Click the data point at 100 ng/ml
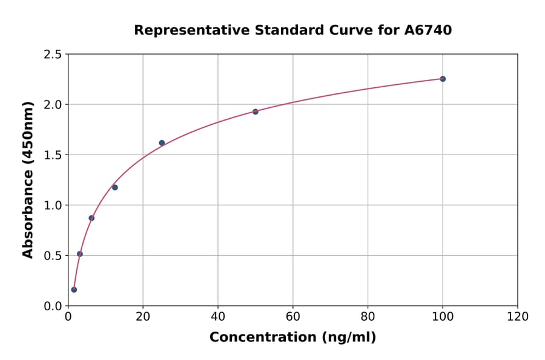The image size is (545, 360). [x=443, y=79]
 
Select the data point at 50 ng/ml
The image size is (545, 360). [x=256, y=112]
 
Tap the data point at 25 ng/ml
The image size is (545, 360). [x=162, y=143]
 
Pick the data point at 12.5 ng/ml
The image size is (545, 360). [x=115, y=187]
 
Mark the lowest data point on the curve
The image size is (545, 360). [x=74, y=290]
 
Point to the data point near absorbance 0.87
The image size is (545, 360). [x=91, y=218]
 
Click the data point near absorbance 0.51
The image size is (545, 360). [x=80, y=254]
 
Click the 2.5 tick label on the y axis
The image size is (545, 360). [x=52, y=55]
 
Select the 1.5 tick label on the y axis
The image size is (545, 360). [x=52, y=155]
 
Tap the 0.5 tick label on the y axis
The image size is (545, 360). [x=52, y=256]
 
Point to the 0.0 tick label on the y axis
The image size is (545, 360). [x=52, y=306]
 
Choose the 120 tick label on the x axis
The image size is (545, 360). [x=518, y=316]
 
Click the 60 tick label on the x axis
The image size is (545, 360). [x=293, y=316]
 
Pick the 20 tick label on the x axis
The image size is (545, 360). [x=143, y=316]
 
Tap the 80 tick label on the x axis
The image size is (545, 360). [x=368, y=316]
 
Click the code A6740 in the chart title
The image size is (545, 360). [x=428, y=30]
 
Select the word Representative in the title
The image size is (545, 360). [x=183, y=30]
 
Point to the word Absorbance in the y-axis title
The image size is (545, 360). [x=28, y=198]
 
